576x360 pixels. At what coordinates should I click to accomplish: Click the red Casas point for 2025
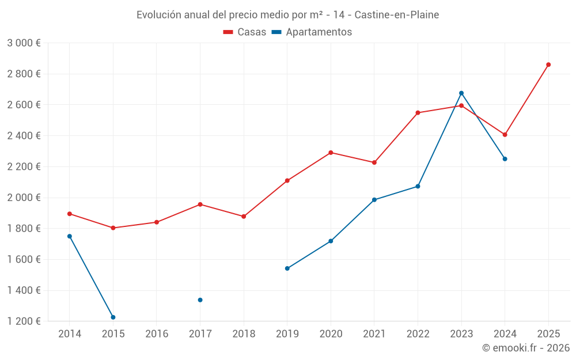(x=548, y=65)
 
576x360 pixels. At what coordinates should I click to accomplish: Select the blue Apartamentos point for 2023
(x=461, y=93)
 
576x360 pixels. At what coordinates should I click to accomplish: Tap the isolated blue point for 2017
(x=200, y=300)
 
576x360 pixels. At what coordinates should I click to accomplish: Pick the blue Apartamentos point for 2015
(x=113, y=317)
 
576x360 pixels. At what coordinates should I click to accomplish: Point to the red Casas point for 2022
(x=418, y=113)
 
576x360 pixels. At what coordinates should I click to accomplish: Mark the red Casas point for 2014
(x=70, y=214)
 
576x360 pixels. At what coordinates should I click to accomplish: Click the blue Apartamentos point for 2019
(x=287, y=268)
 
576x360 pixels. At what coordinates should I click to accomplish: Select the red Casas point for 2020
(x=331, y=153)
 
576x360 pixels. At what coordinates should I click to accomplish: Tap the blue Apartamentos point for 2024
(x=505, y=159)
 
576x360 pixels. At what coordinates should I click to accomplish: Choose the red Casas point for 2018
(x=244, y=217)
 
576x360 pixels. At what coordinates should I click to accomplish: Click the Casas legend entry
(x=245, y=32)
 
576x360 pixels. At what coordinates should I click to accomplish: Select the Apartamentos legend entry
(x=312, y=32)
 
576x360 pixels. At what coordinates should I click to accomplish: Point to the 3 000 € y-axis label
(x=24, y=43)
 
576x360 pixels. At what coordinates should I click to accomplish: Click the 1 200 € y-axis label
(x=24, y=321)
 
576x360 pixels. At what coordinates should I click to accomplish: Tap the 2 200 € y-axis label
(x=24, y=167)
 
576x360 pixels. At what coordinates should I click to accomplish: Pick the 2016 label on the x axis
(x=157, y=334)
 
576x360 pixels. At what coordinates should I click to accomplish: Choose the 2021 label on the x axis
(x=374, y=334)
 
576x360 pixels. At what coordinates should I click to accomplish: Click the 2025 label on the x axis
(x=548, y=334)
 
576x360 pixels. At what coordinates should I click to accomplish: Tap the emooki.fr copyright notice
(x=526, y=348)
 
